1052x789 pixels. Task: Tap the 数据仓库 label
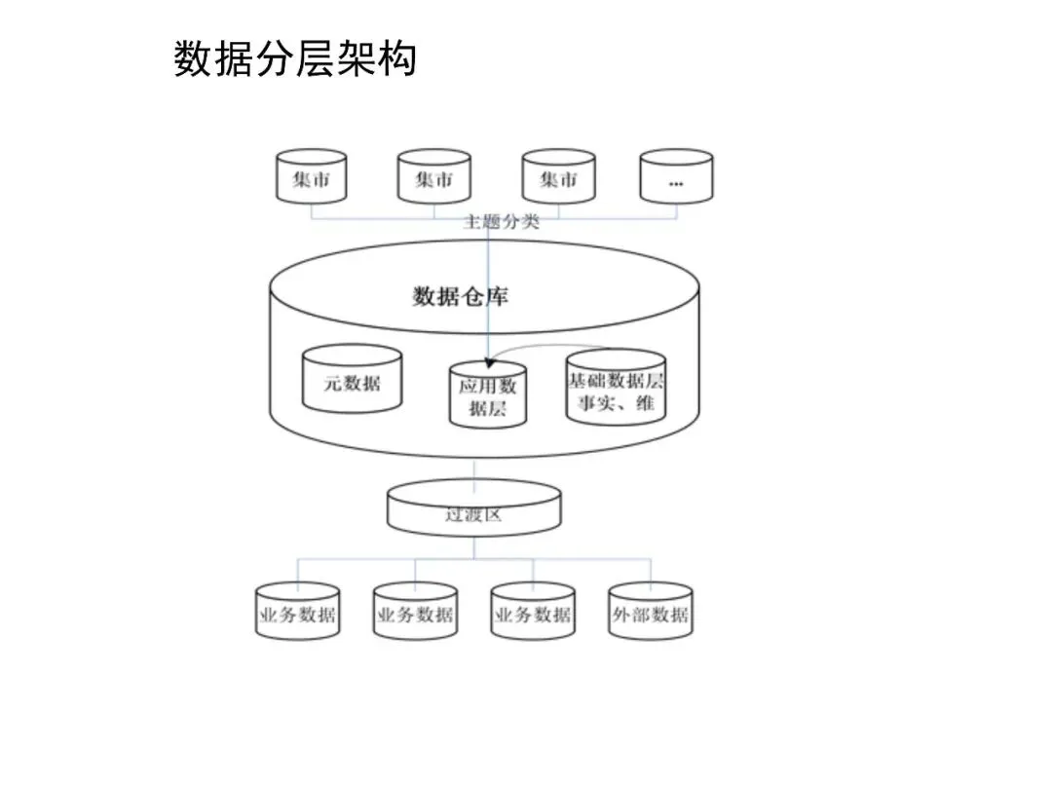click(460, 296)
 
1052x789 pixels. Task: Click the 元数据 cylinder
click(352, 383)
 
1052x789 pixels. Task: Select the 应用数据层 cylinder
click(487, 395)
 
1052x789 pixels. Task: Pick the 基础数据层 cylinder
click(616, 387)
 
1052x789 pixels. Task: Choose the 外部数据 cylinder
click(650, 613)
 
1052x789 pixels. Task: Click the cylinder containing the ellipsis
click(676, 177)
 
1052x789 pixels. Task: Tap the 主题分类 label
click(501, 222)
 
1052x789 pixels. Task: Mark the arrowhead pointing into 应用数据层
click(488, 361)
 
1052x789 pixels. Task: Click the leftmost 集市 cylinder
click(311, 177)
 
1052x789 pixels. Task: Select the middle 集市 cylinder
click(433, 177)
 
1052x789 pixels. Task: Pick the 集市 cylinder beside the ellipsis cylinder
click(558, 177)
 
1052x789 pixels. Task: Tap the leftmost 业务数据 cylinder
click(297, 613)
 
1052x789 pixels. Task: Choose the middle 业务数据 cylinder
click(415, 613)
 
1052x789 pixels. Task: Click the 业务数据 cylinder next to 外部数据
click(533, 613)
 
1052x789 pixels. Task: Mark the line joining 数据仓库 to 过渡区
click(474, 470)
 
